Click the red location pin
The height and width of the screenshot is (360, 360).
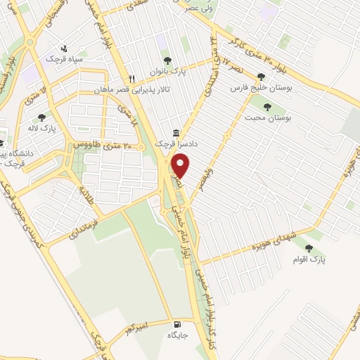click(x=181, y=166)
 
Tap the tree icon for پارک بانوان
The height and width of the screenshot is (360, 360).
click(x=167, y=60)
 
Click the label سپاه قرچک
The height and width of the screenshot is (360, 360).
click(x=65, y=59)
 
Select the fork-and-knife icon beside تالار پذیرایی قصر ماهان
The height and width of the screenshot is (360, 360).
click(x=131, y=78)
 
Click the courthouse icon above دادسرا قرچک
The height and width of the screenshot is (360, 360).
click(x=176, y=133)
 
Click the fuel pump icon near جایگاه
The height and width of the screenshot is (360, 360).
click(x=176, y=324)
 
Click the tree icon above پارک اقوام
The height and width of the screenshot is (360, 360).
click(x=309, y=247)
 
